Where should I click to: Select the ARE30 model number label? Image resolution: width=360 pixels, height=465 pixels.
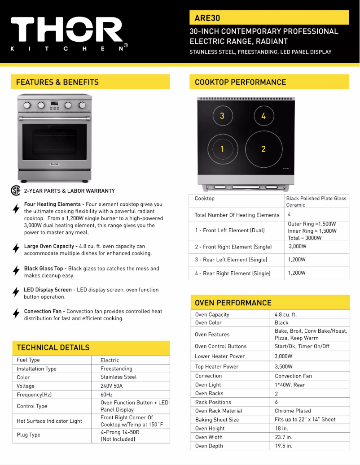coord(207,18)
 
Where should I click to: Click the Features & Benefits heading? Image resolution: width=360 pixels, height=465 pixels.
coord(57,82)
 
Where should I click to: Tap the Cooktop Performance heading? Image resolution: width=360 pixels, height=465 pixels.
coord(240,82)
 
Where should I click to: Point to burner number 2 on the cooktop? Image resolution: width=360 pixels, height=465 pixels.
coord(263,149)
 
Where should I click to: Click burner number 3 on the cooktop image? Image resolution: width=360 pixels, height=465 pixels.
coord(222,116)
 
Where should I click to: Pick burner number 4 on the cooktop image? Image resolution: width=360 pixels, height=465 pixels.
coord(263,116)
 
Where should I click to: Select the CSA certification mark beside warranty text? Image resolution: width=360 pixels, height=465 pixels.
coord(16,191)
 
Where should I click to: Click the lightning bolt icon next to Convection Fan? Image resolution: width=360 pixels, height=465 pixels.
coord(16,313)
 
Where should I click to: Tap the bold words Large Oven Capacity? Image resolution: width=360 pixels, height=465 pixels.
coord(43,246)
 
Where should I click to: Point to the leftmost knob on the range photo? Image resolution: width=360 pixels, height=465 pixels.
coord(27,105)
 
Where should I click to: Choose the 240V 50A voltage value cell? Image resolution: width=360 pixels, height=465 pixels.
coord(112,386)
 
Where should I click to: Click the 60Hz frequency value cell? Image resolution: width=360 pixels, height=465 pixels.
coord(107,395)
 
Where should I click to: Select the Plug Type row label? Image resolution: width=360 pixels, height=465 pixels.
coord(29,435)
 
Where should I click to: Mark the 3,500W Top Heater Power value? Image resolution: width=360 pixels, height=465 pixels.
coord(284,366)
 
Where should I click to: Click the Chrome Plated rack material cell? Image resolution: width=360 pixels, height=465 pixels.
coord(293,411)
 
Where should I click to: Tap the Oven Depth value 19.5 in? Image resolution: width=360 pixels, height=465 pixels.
coord(283,446)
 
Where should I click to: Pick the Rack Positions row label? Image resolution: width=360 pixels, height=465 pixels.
coord(213,402)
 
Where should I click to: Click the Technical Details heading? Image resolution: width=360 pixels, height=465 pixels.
coord(53,348)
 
